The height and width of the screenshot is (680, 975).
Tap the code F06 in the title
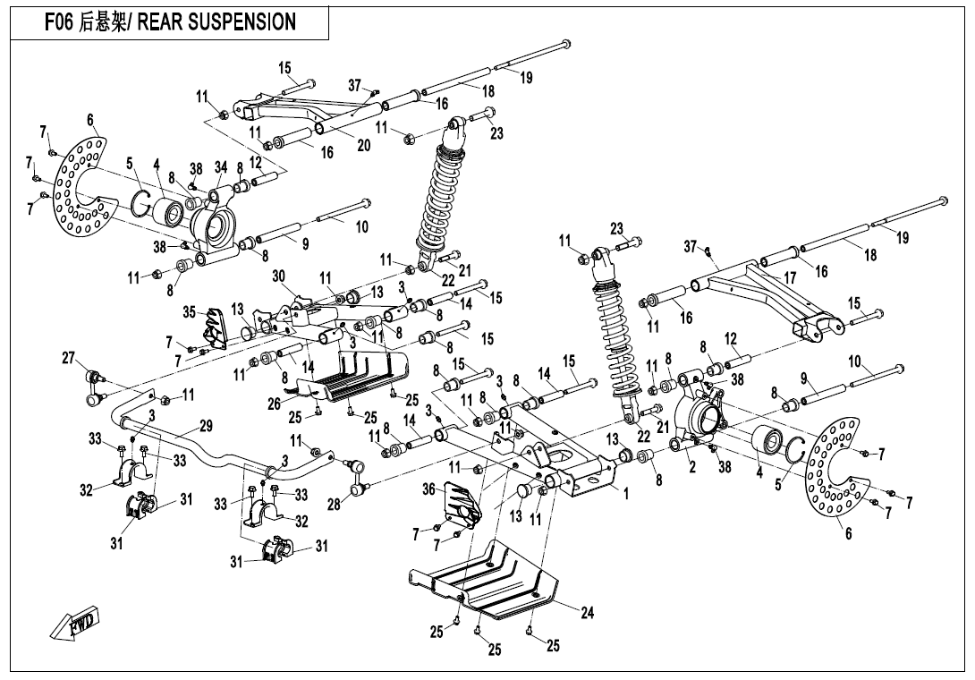coord(61,22)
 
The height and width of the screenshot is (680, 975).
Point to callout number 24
coord(588,613)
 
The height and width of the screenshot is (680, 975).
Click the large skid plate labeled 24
coord(487,582)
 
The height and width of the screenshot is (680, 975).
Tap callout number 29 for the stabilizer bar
coord(206,425)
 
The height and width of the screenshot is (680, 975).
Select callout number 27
coord(68,359)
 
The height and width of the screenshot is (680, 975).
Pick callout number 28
coord(334,506)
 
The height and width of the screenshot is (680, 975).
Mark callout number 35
coord(189,312)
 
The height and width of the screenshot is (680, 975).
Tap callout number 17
coord(790,278)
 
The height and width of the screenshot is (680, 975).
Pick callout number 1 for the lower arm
coord(626,491)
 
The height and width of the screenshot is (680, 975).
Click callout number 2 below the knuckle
coord(691,466)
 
